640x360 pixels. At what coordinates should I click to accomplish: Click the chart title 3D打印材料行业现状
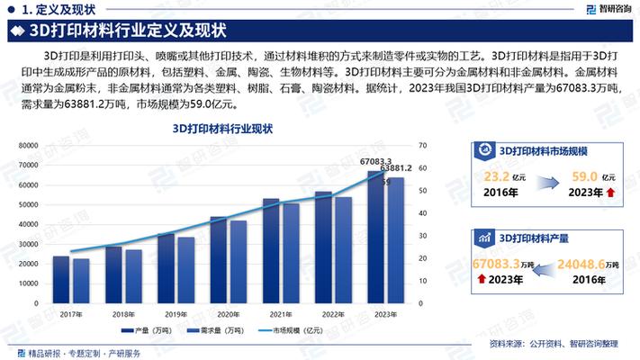tap(222, 130)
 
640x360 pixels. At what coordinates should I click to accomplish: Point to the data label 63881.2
tap(396, 168)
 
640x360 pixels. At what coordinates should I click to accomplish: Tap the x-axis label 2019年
tap(176, 315)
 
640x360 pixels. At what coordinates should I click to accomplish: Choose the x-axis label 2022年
tap(332, 315)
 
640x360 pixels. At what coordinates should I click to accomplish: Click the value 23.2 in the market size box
tap(494, 176)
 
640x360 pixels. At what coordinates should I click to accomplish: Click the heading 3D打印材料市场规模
tap(542, 151)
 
